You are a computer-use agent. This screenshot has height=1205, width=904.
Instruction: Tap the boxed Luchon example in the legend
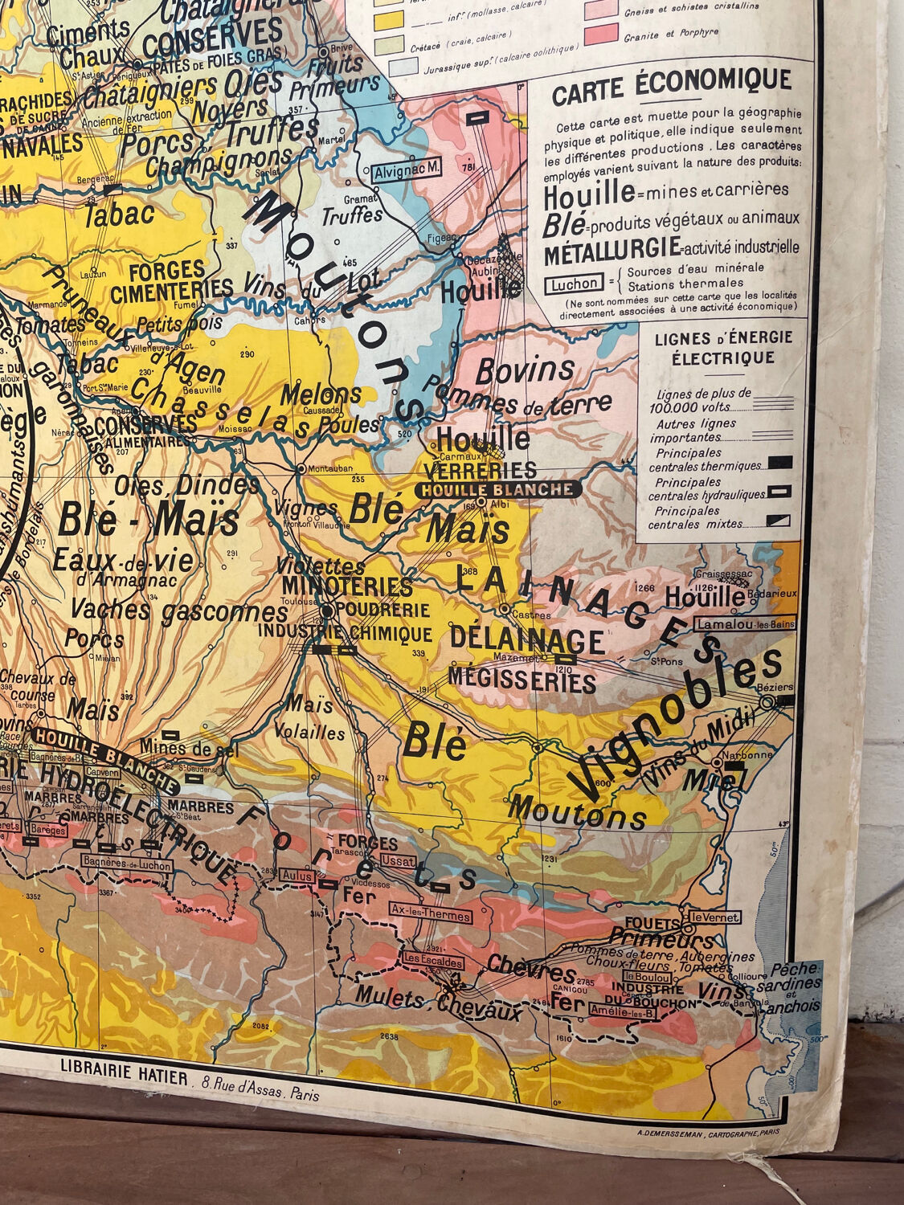point(574,284)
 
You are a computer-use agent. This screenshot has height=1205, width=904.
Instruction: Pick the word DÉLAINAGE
point(526,640)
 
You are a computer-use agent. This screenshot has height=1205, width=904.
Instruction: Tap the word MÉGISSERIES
point(522,680)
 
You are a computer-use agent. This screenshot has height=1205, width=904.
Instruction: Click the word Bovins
point(525,370)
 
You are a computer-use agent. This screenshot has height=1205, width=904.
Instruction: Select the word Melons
point(321,394)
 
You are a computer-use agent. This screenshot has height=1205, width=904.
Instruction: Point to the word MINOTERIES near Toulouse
point(347,586)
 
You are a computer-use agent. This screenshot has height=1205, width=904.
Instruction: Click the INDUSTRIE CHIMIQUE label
point(345,633)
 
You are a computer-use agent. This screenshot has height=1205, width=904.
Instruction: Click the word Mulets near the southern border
point(395,999)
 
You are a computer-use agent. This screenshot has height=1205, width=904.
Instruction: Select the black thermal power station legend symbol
point(779,462)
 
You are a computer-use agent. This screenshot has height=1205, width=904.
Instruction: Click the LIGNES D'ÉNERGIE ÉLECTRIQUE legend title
point(722,347)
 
